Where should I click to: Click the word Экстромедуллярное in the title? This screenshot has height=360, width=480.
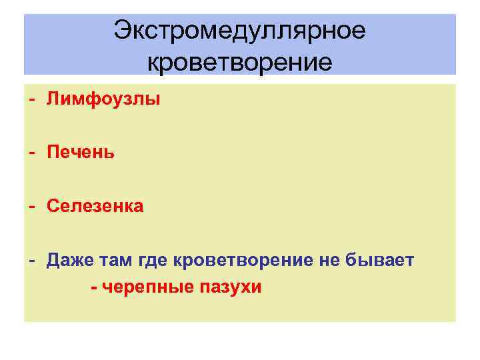(x=240, y=30)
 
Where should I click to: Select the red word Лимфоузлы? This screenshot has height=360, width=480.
(x=103, y=100)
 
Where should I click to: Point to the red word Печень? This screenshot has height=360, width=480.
(x=81, y=153)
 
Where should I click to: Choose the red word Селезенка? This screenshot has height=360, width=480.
(x=95, y=207)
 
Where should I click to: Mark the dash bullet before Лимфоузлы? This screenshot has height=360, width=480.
(x=31, y=100)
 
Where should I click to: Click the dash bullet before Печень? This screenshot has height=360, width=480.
(x=31, y=153)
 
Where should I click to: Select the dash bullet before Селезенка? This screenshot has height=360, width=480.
(x=31, y=207)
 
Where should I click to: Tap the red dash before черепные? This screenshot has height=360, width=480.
(x=93, y=287)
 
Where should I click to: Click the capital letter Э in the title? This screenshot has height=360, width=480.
(x=121, y=30)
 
